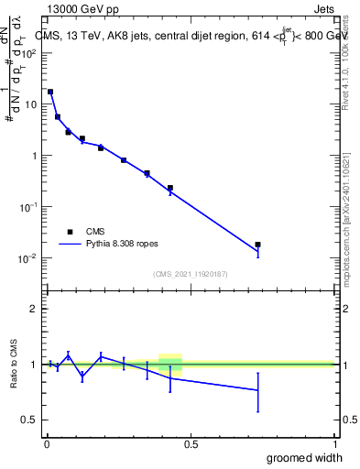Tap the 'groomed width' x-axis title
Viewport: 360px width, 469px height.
pyautogui.click(x=305, y=457)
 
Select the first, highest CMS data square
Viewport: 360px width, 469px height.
pyautogui.click(x=50, y=92)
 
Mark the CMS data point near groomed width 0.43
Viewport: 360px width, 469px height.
pyautogui.click(x=170, y=188)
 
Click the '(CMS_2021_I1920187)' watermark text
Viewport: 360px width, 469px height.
pyautogui.click(x=190, y=274)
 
